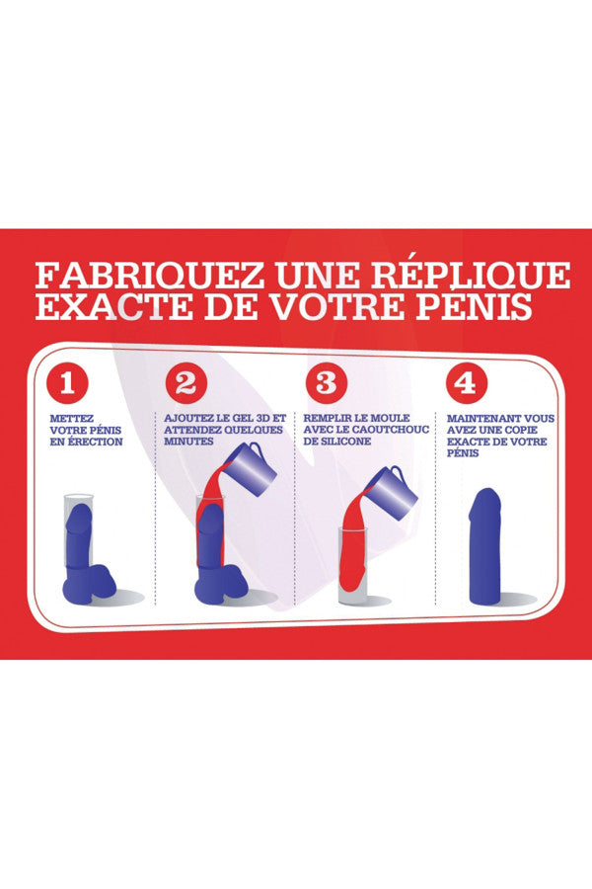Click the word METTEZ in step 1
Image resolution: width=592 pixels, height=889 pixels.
coord(72,419)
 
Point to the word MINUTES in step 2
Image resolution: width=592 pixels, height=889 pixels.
coord(188,442)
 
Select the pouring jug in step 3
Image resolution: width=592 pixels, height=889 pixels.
coord(391,491)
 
